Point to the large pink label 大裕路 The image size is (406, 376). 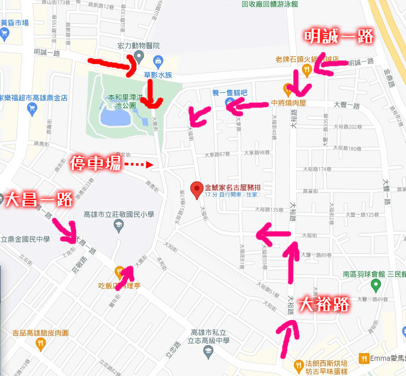(x=324, y=304)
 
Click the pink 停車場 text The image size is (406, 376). (x=95, y=164)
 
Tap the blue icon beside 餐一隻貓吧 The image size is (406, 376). (x=228, y=102)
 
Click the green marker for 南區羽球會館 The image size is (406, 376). (x=376, y=286)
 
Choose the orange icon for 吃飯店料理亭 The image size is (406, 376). (x=119, y=272)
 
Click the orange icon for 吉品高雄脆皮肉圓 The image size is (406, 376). (x=40, y=344)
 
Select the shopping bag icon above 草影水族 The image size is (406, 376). (x=157, y=61)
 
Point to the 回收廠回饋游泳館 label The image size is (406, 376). (x=270, y=4)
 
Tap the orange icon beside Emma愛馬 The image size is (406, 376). (x=364, y=358)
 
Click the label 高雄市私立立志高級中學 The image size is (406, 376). (x=207, y=337)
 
